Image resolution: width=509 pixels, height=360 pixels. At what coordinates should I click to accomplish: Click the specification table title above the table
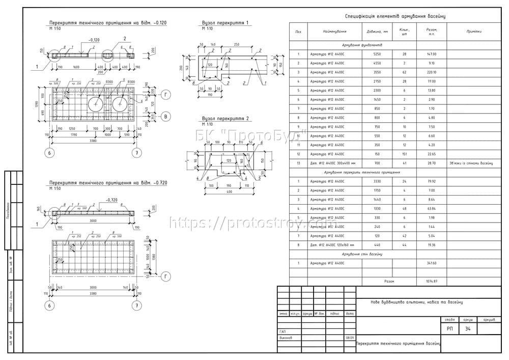(395, 16)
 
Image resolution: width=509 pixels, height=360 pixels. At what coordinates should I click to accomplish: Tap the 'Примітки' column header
(473, 32)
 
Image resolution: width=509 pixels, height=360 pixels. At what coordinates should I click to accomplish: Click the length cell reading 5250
(377, 53)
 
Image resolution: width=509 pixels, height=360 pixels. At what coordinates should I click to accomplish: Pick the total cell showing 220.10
(432, 72)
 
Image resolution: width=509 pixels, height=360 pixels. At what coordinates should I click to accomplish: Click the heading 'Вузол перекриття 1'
(225, 23)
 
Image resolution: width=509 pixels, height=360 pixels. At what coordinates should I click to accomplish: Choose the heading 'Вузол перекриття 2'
(225, 118)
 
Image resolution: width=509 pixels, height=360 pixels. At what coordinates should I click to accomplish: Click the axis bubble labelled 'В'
(165, 117)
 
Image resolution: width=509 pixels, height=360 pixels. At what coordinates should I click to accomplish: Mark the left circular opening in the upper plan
(96, 104)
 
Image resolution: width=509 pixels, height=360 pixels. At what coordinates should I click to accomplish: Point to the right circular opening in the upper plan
(120, 104)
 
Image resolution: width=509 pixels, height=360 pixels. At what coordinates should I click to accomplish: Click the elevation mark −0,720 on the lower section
(113, 200)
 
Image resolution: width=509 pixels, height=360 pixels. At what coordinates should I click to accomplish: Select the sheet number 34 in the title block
(467, 329)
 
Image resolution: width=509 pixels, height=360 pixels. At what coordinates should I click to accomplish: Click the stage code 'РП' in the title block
(449, 329)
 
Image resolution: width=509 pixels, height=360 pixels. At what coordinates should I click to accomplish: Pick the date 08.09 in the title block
(350, 338)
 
